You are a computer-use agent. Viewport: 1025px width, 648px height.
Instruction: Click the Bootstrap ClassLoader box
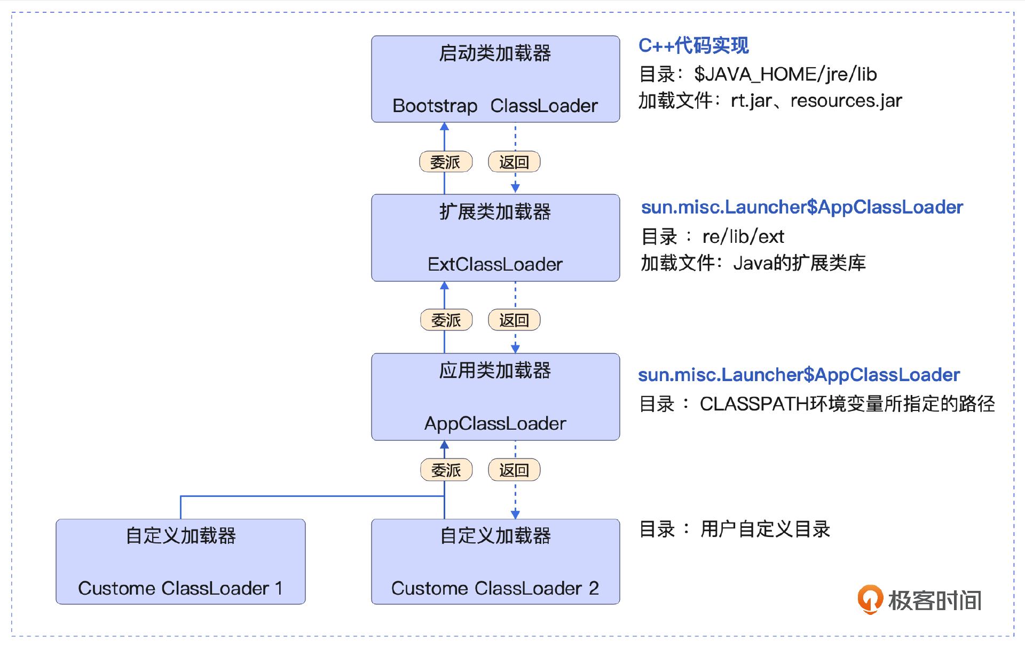click(x=495, y=79)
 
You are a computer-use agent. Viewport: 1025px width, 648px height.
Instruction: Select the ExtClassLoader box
click(x=495, y=238)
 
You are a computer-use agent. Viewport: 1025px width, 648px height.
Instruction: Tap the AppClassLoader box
click(x=495, y=397)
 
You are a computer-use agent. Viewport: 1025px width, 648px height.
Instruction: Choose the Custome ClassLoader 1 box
click(x=180, y=562)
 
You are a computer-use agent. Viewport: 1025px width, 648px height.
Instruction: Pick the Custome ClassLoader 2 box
click(x=495, y=562)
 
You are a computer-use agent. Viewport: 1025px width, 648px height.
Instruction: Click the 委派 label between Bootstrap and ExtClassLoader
click(x=446, y=162)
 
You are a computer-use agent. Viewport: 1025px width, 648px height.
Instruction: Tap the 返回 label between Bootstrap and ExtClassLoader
click(x=514, y=162)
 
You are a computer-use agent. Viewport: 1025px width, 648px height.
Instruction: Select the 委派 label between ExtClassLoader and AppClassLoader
click(x=446, y=320)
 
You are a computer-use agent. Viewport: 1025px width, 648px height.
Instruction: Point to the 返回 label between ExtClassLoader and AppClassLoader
click(x=514, y=320)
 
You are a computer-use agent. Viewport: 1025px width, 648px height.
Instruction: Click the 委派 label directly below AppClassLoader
click(x=446, y=470)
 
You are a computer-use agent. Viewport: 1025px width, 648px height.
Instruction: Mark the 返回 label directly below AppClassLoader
click(x=514, y=470)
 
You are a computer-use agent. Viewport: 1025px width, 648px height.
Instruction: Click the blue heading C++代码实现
click(x=693, y=46)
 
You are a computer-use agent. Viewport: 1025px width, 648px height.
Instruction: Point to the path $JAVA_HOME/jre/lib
click(x=785, y=74)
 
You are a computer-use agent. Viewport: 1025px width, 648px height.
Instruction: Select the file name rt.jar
click(x=751, y=101)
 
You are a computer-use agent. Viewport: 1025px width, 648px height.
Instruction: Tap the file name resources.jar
click(x=846, y=101)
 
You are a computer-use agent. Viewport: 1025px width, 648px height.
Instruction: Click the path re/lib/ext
click(x=743, y=236)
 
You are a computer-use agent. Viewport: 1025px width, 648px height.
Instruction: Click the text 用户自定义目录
click(x=765, y=530)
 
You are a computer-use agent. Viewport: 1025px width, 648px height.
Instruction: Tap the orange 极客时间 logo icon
click(x=870, y=599)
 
